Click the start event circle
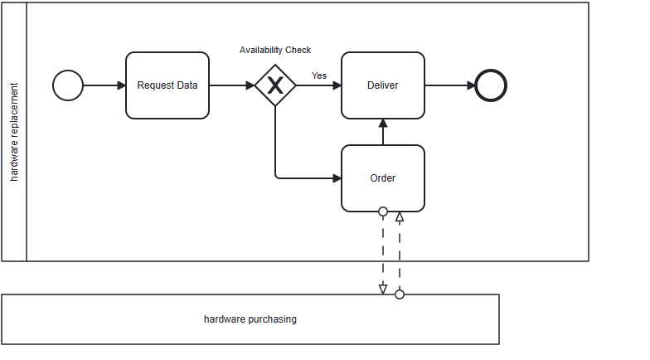[68, 85]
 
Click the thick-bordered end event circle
[491, 85]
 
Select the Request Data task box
[167, 85]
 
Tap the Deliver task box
[383, 85]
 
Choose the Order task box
[383, 178]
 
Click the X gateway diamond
[275, 85]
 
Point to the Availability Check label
[275, 51]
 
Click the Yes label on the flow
[319, 75]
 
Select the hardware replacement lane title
[14, 132]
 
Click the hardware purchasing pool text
[250, 319]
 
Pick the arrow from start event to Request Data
[104, 85]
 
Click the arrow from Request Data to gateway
[231, 85]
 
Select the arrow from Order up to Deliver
[383, 132]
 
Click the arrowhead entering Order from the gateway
[337, 178]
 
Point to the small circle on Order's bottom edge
[383, 212]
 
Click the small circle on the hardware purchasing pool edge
[400, 294]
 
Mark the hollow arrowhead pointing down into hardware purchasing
[383, 289]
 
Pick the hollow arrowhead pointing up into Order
[400, 217]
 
